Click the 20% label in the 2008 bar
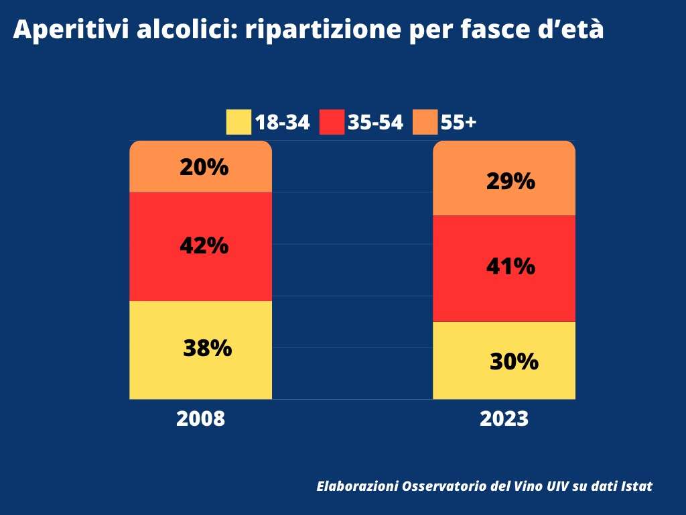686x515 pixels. coord(204,167)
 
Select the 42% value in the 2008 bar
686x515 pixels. coord(204,246)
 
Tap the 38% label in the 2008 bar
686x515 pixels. coord(207,348)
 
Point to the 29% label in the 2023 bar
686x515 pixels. coord(510,181)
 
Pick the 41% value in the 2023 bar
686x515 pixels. coord(510,267)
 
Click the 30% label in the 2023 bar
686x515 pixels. coord(514,362)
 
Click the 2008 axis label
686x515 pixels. coord(200,419)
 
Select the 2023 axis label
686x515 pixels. coord(504,419)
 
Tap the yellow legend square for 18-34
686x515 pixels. coord(238,122)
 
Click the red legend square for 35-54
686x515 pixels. coord(332,122)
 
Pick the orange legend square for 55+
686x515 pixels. coord(425,122)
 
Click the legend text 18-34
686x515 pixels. coord(282,123)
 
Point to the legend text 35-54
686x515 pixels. coord(375,123)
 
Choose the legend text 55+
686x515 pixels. coord(458,123)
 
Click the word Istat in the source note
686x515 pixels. coord(636,486)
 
